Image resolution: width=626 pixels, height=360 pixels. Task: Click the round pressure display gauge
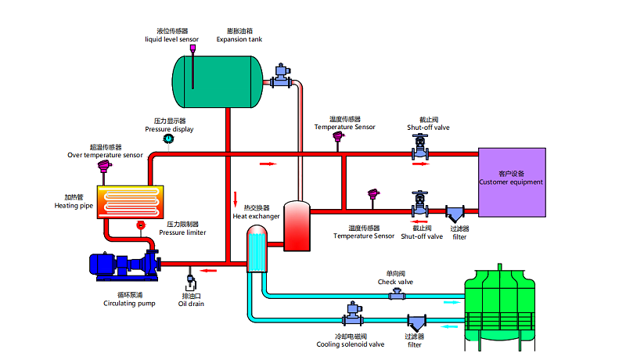[x=167, y=139]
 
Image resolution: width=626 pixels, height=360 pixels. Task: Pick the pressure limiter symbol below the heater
[x=141, y=225]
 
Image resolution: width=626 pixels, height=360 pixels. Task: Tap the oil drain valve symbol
[x=192, y=279]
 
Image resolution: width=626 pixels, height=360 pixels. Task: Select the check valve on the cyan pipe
[x=398, y=294]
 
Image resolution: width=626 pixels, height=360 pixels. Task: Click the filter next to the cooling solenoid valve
[x=415, y=322]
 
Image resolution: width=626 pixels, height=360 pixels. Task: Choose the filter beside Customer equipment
[x=455, y=213]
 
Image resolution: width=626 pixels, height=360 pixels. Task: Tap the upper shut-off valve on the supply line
[x=420, y=146]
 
